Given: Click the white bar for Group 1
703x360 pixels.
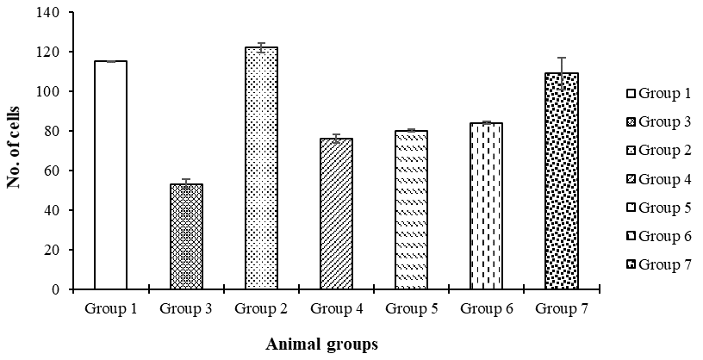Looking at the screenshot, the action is coord(111,175).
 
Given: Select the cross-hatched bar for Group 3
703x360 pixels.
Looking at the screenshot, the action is coord(186,236).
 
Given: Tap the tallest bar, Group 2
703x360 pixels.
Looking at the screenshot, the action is coord(261,168).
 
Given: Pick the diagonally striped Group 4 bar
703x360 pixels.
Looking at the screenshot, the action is coord(336,214).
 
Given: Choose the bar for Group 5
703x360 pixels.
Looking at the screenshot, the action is coord(411,210).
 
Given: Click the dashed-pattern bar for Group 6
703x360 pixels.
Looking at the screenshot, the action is coord(487,206).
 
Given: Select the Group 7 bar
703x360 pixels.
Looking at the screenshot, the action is coord(562,181).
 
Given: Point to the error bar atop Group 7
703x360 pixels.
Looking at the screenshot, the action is coord(562,73).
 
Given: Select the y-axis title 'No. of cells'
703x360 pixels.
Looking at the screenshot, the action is coord(14,147).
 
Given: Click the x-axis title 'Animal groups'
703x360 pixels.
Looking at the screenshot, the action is coord(322,344).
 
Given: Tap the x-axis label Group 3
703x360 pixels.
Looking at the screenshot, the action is coord(186,309).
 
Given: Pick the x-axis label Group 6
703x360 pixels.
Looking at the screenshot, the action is coord(487,309).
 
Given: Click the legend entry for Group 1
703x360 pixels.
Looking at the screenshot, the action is coord(659,94).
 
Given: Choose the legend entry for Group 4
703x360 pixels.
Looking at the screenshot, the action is coord(659,179).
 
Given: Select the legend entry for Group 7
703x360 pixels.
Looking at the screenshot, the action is coord(659,265).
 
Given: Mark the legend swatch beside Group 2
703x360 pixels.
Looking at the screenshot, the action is coord(631,151).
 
